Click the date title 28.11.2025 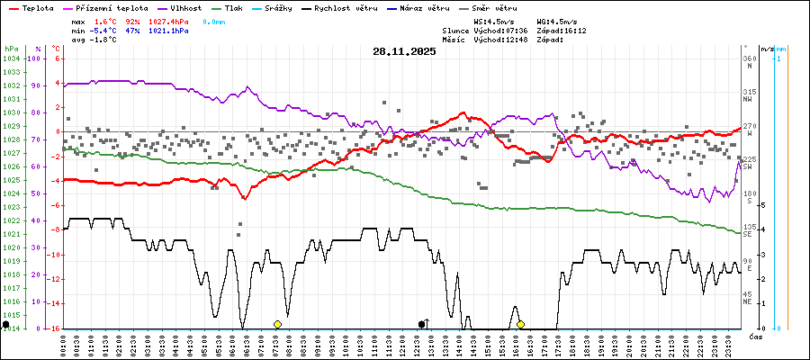tap(404, 51)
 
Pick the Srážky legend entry tap(284, 7)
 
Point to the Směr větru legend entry tap(496, 7)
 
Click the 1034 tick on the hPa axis tap(11, 58)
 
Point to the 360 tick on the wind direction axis tap(748, 58)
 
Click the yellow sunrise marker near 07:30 tap(277, 324)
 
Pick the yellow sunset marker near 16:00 tap(520, 324)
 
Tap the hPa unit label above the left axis tap(11, 48)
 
